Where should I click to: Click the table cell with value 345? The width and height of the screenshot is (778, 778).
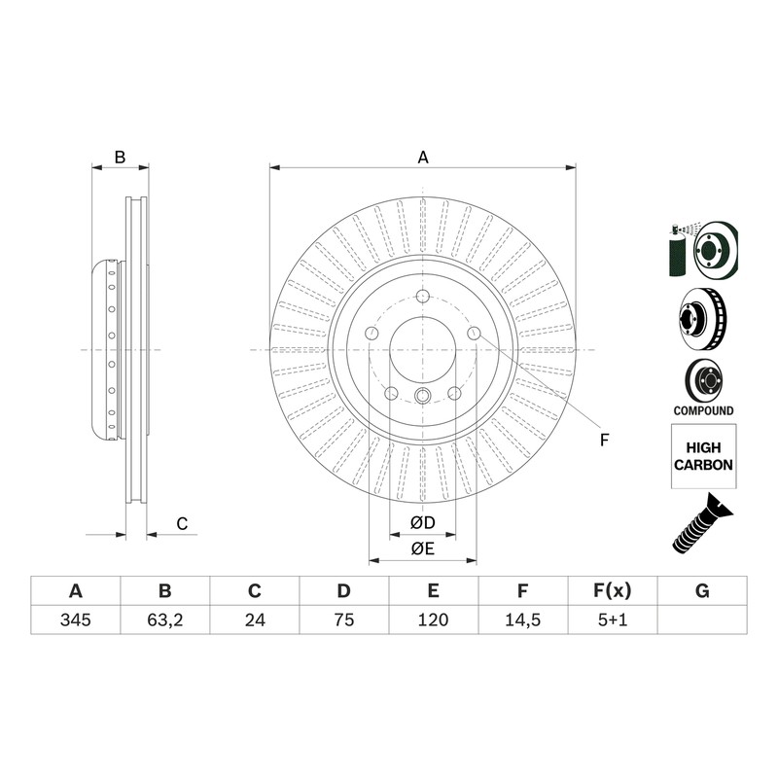76,619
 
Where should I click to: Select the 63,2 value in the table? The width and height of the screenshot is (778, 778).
165,619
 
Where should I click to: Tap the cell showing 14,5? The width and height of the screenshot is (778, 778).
523,619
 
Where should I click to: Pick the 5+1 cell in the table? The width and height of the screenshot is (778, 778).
613,619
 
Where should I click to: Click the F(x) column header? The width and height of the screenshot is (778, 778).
613,591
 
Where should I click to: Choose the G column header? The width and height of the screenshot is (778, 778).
702,591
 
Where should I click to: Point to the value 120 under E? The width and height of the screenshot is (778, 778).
434,619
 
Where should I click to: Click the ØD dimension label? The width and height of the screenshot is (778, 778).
423,522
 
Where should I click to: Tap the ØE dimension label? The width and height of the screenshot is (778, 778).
423,548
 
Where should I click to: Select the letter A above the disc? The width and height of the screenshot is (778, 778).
423,158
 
